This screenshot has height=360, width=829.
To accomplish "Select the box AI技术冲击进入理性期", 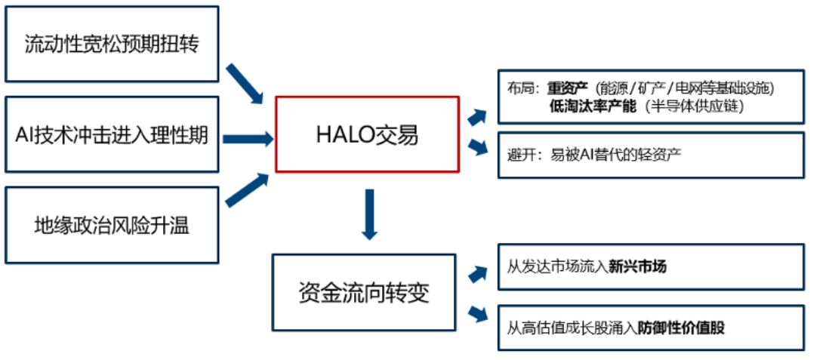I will click(112, 135).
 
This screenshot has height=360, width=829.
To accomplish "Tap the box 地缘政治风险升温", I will click(112, 224).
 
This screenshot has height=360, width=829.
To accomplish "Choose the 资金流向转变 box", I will click(364, 292).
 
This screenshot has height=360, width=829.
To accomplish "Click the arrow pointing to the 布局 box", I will click(478, 116).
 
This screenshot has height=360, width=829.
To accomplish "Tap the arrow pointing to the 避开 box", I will click(478, 146).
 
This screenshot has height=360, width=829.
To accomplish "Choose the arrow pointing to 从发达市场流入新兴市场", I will click(478, 274).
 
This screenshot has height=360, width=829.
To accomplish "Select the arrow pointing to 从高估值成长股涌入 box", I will click(478, 312).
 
